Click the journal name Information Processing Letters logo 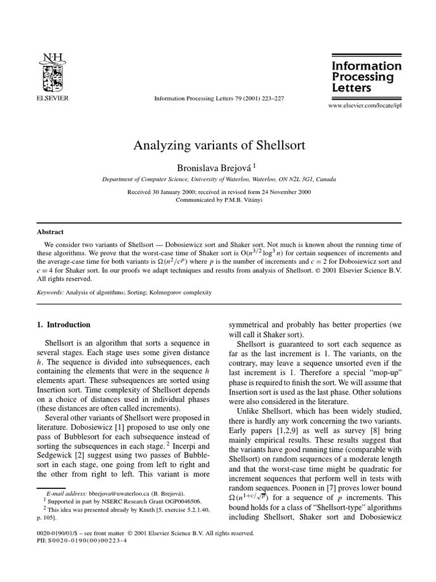pos(366,77)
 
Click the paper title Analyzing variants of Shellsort pos(219,145)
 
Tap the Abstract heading pos(51,232)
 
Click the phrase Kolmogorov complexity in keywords pos(185,292)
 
